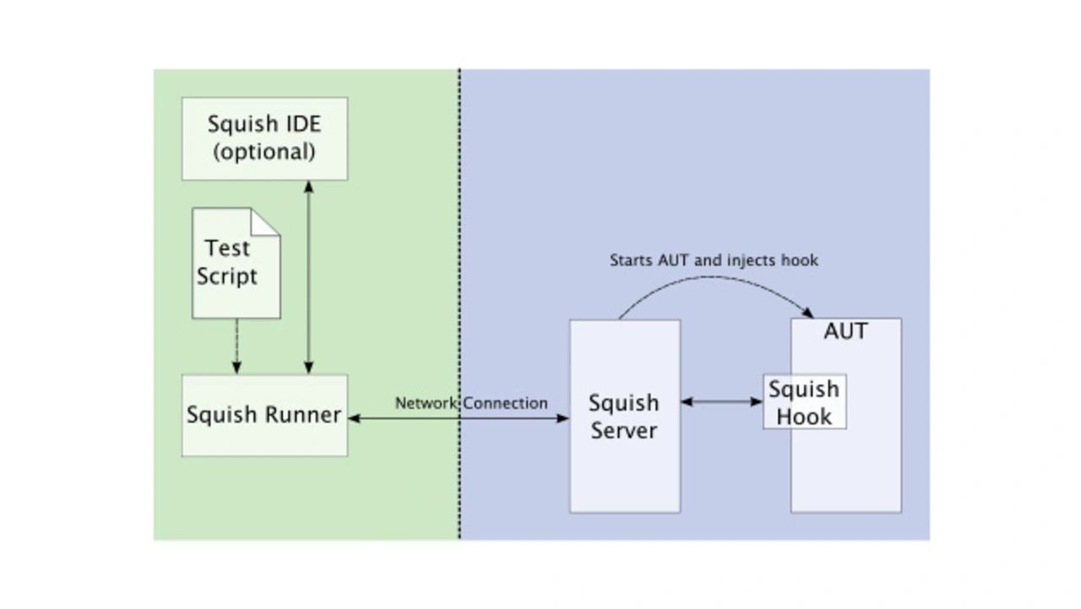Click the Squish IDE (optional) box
(x=264, y=138)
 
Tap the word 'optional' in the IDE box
(x=264, y=152)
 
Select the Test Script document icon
(x=236, y=264)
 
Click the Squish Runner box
(x=264, y=416)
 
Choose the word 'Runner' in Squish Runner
(x=303, y=415)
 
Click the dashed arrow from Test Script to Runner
(x=236, y=346)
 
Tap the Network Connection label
(x=471, y=403)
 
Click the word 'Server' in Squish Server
(x=624, y=430)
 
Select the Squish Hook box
(x=804, y=402)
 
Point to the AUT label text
(x=845, y=331)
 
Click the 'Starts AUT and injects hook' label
(x=714, y=260)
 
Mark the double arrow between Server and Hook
(x=721, y=402)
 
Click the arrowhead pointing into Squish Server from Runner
(x=563, y=417)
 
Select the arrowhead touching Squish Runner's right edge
(x=353, y=417)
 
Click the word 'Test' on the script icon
(x=227, y=248)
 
